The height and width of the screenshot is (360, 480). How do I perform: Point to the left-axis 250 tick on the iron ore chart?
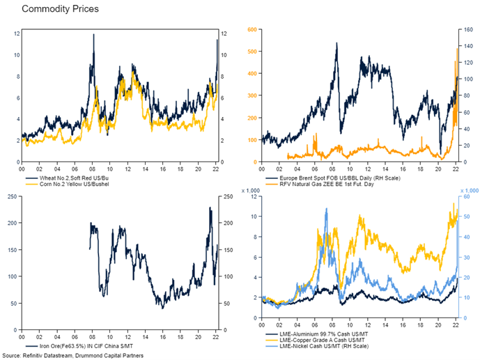(x=13, y=197)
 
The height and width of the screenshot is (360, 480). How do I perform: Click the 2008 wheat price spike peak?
(x=93, y=35)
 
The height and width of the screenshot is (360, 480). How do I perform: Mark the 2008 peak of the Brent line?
(x=336, y=43)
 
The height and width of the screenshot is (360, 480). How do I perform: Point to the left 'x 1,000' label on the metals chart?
(x=249, y=190)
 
